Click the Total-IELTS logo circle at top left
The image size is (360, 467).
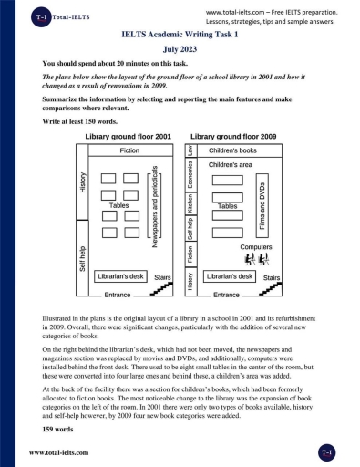[41, 17]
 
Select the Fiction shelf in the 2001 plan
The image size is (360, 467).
[130, 150]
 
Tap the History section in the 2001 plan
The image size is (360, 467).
[82, 182]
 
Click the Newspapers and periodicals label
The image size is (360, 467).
[154, 206]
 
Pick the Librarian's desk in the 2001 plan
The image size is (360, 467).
[120, 276]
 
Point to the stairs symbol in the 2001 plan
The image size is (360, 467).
[161, 289]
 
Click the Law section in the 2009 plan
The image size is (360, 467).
[190, 150]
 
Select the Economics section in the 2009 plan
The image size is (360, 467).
[190, 175]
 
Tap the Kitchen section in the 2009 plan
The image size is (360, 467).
[190, 203]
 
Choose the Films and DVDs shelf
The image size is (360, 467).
[262, 205]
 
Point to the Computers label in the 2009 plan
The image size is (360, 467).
[256, 247]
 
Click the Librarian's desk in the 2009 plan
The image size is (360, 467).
[230, 276]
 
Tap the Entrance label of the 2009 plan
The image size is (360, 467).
[226, 295]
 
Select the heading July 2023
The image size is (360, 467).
[180, 49]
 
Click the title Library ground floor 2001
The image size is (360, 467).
[128, 137]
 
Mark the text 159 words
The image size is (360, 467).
[57, 430]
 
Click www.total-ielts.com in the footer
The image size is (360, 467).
[59, 452]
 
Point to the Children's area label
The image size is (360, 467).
[231, 165]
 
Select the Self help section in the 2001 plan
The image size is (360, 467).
[82, 258]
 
